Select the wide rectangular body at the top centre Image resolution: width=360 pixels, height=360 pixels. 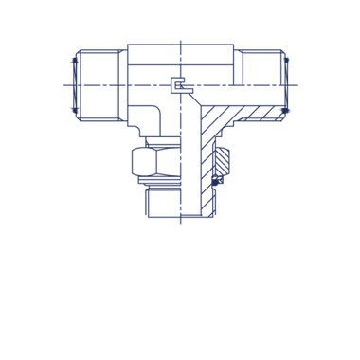click(180, 63)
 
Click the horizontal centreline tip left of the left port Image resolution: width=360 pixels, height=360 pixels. click(61, 84)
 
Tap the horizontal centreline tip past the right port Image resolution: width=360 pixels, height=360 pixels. click(299, 84)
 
